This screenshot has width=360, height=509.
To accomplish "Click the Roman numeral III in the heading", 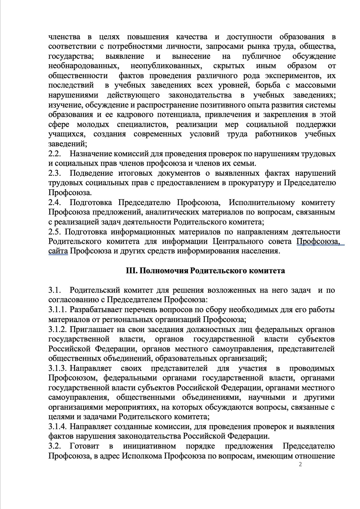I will pos(130,271).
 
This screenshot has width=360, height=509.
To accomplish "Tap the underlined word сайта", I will pos(58,251).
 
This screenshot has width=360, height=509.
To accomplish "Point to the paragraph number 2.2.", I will pos(55,154).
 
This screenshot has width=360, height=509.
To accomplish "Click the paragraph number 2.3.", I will pos(55,173).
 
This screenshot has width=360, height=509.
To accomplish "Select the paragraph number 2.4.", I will pos(55,203).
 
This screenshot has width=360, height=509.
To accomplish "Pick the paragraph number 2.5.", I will pos(55,232).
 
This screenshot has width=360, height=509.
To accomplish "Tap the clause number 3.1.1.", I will pos(58,310).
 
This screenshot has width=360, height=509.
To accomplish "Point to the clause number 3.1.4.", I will pos(58,427).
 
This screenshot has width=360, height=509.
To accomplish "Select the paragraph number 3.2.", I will pos(55,446).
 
